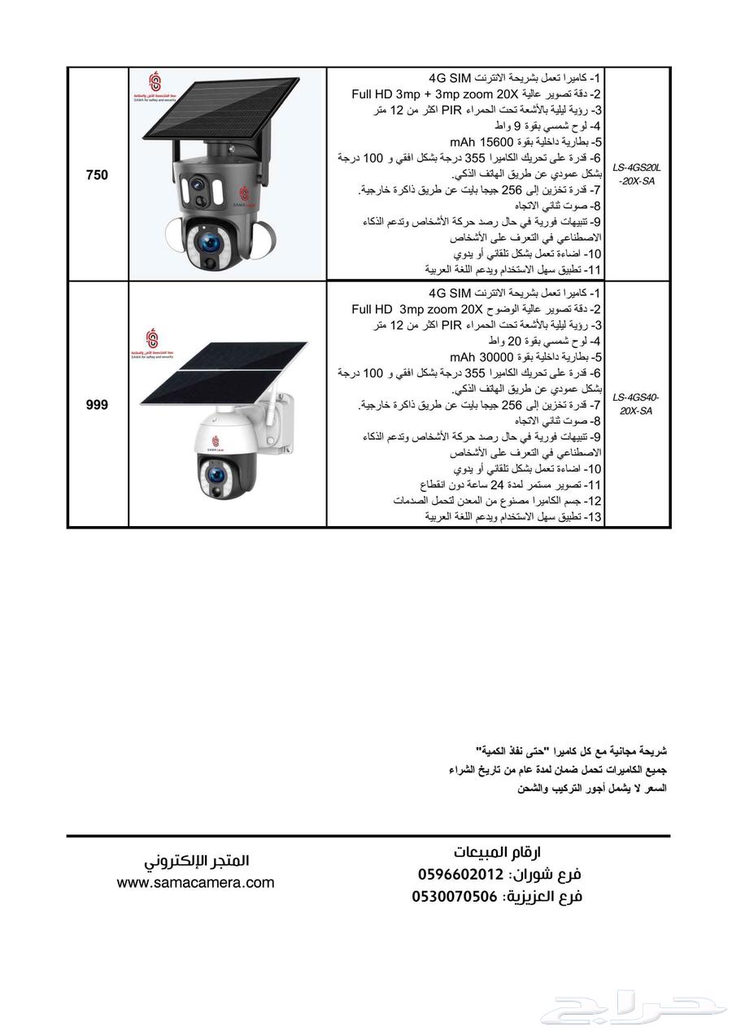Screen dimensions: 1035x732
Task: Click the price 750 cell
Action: [97, 175]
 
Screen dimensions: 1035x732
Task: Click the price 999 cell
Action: [97, 405]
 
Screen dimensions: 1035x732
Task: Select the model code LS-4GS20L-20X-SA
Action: [637, 174]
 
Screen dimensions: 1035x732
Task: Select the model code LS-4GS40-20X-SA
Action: [637, 404]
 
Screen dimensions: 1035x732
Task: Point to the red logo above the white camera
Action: [152, 337]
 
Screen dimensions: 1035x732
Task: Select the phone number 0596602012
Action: [460, 875]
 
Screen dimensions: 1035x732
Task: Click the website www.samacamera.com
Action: [195, 882]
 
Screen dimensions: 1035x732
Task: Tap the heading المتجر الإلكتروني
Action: [197, 860]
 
